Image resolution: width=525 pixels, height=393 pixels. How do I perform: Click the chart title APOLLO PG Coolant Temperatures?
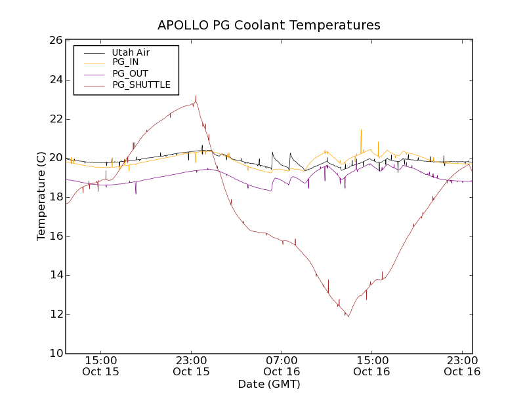268,26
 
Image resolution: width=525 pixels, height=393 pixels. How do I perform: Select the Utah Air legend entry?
131,52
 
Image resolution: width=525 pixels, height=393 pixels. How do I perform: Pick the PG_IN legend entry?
125,62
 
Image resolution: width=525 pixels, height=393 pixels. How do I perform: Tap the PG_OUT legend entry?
130,73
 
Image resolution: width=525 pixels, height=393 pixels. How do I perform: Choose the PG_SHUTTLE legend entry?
141,84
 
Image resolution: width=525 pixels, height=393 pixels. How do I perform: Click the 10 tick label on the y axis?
55,354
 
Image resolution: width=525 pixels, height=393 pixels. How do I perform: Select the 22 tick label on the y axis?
55,119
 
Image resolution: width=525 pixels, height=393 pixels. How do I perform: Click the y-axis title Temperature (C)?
41,196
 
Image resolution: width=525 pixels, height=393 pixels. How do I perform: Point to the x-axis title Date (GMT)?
268,384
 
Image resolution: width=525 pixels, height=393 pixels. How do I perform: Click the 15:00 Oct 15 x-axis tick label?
101,365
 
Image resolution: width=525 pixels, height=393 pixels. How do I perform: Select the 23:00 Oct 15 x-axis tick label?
192,365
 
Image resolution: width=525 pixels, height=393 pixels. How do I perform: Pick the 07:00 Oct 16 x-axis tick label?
282,365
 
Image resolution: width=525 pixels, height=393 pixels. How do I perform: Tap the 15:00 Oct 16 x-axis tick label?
372,365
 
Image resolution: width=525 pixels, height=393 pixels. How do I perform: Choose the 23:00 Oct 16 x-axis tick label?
462,365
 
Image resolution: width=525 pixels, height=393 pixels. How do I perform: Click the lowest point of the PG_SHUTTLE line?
348,317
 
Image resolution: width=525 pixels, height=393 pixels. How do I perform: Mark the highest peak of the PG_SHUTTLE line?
196,96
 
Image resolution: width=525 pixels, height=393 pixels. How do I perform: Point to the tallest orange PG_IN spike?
361,130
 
